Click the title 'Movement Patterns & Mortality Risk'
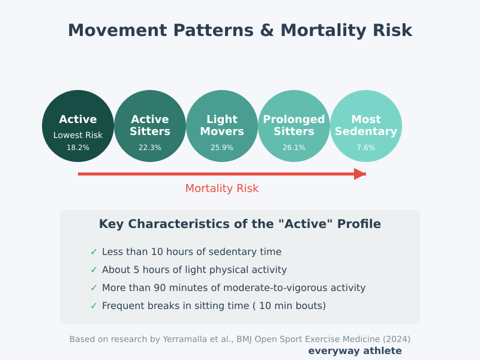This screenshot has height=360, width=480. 240,31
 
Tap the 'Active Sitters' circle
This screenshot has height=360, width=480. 150,125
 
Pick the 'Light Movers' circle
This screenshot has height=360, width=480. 222,125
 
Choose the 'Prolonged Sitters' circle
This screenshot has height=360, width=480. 294,125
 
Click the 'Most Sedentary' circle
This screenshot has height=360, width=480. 366,125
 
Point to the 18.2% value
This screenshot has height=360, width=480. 78,148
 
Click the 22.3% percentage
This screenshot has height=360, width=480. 150,148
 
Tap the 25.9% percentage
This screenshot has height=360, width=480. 222,148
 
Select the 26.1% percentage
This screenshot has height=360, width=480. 294,148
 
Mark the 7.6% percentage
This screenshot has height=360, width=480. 366,148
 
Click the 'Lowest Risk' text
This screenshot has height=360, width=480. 78,136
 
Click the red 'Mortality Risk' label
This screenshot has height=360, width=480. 222,188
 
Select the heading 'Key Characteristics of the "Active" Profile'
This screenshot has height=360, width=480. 240,224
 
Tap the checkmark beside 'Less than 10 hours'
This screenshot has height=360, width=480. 94,252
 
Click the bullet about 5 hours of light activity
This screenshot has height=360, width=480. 194,270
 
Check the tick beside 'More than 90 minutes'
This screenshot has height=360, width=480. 94,288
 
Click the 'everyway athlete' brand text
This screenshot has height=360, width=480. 355,351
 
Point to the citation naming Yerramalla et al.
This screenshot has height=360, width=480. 240,339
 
